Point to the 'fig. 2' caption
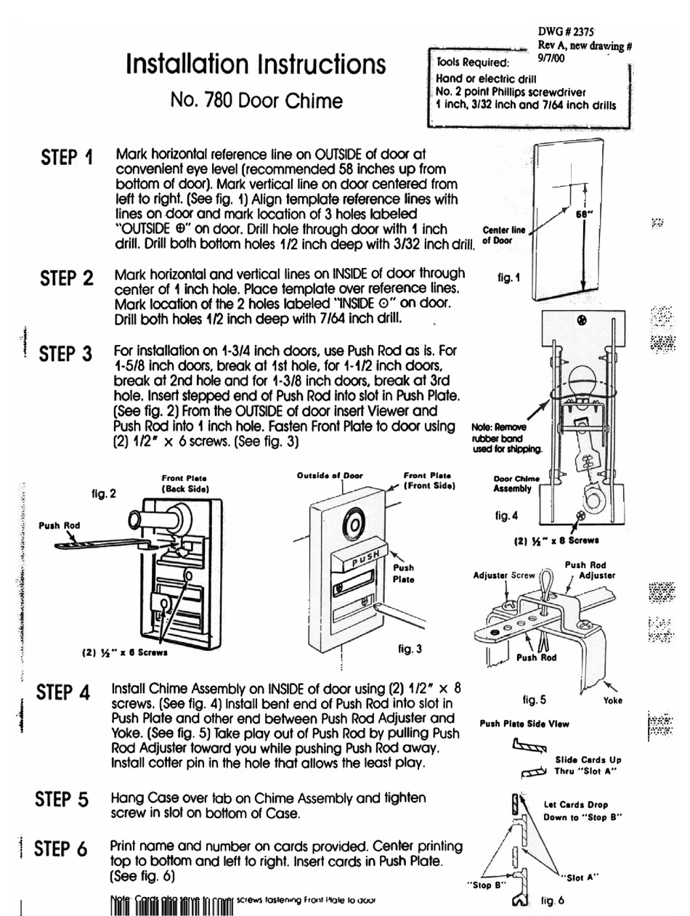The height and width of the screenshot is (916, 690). click(104, 494)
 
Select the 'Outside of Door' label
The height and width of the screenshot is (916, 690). click(330, 474)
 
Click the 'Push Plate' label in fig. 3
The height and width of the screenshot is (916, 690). click(403, 573)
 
